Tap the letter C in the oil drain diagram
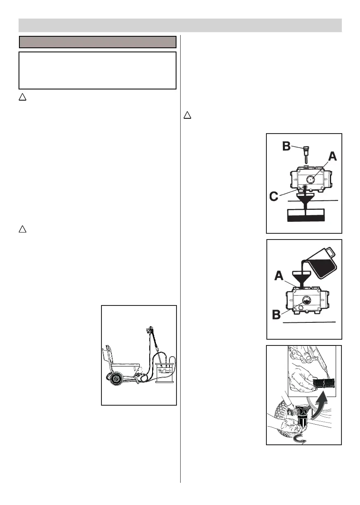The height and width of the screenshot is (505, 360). click(x=274, y=197)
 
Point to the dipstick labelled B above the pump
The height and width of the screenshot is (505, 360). click(x=306, y=153)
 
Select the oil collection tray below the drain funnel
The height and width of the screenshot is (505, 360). click(x=306, y=215)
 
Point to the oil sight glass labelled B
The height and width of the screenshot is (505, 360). click(x=306, y=300)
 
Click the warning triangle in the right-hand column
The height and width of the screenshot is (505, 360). click(x=186, y=115)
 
